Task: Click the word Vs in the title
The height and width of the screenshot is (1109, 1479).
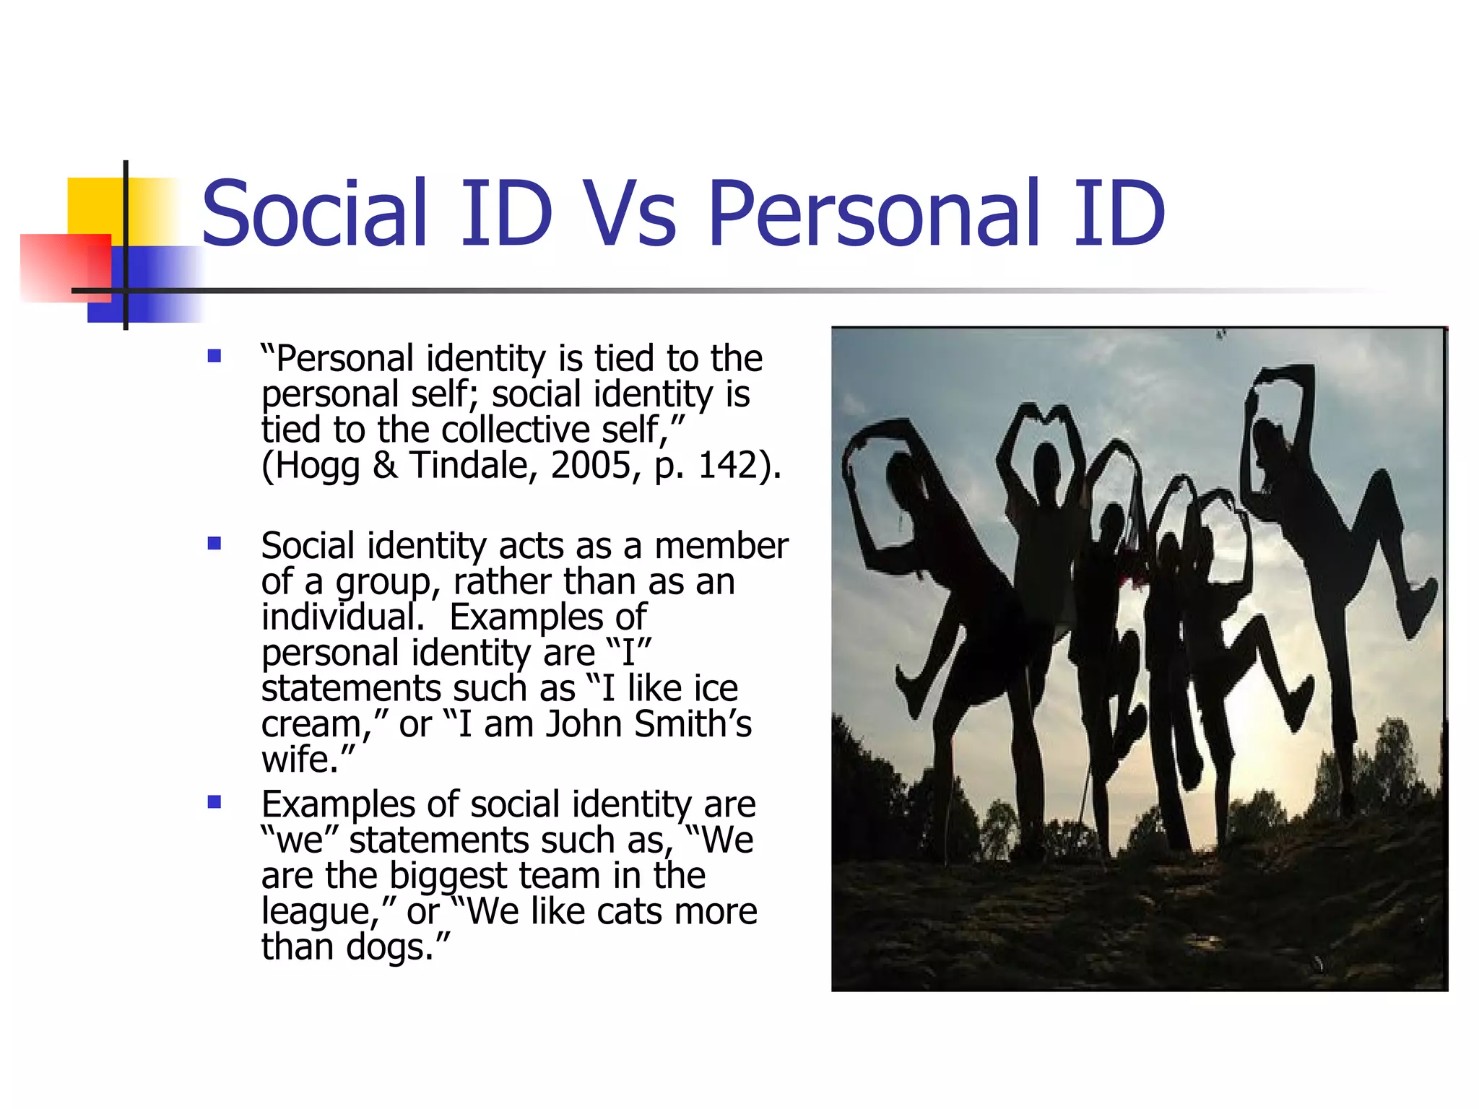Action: tap(630, 213)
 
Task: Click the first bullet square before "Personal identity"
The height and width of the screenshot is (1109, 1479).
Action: tap(214, 356)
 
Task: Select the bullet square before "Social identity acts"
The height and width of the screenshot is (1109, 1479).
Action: tap(214, 543)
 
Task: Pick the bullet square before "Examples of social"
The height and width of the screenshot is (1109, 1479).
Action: tap(214, 802)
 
